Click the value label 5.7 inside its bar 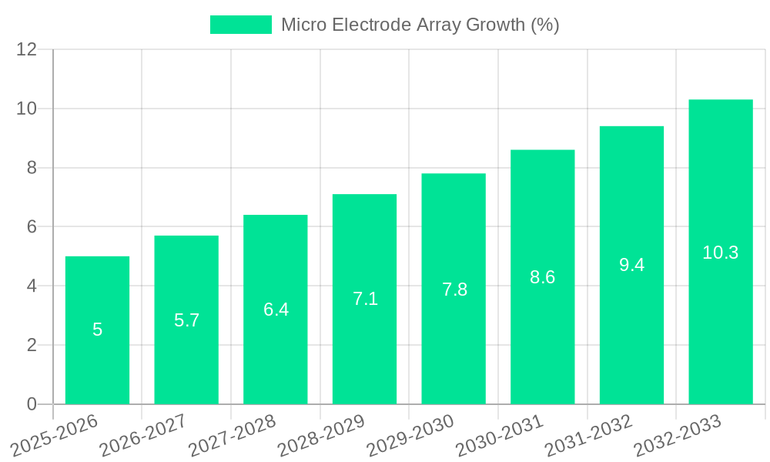pyautogui.click(x=186, y=320)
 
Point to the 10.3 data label pyautogui.click(x=721, y=253)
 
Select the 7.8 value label pyautogui.click(x=454, y=290)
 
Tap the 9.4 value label pyautogui.click(x=631, y=265)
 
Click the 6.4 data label pyautogui.click(x=276, y=310)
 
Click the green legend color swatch pyautogui.click(x=241, y=25)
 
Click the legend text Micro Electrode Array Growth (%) pyautogui.click(x=420, y=25)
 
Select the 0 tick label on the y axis pyautogui.click(x=32, y=404)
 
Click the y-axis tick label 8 pyautogui.click(x=32, y=168)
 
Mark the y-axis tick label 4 pyautogui.click(x=32, y=286)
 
